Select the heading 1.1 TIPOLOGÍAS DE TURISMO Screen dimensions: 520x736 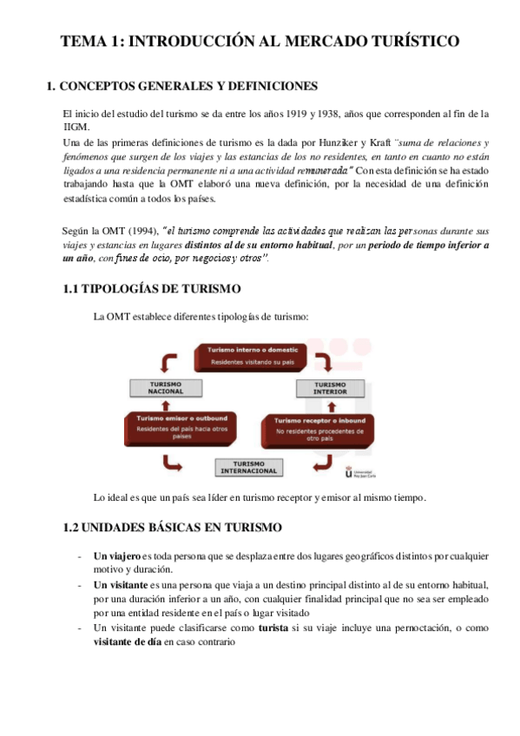pos(152,288)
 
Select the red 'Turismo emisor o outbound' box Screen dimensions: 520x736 pos(181,427)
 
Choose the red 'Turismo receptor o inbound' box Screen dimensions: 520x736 pos(317,426)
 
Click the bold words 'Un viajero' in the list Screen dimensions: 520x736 pos(116,556)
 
